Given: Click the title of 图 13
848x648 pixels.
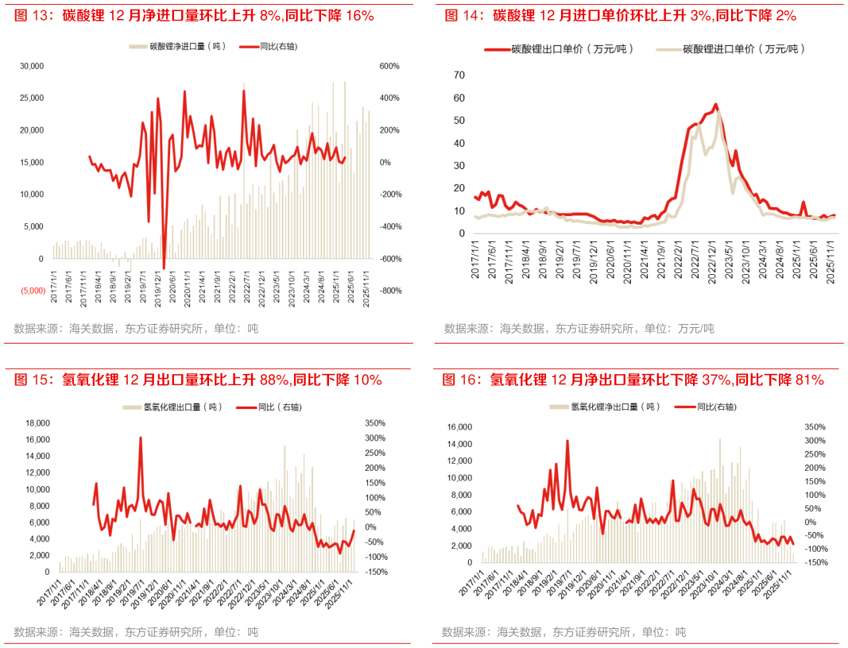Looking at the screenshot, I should (194, 15).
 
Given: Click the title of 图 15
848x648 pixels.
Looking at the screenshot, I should (198, 380).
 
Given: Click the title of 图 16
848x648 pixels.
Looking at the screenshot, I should (633, 380).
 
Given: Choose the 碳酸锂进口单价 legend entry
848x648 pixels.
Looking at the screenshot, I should (731, 49).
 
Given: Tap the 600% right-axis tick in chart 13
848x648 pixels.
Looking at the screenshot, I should (389, 66).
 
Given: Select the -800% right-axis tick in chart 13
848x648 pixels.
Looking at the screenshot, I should (389, 291).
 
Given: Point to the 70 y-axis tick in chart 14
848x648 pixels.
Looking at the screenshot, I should (459, 75).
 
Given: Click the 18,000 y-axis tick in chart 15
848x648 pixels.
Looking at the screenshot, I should (38, 423).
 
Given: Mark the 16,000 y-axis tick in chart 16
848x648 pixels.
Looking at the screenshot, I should (462, 426).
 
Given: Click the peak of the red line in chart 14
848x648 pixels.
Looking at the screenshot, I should (716, 104).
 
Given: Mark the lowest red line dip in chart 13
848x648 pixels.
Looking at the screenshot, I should (164, 268).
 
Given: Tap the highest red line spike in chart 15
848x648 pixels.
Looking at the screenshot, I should (141, 438).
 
